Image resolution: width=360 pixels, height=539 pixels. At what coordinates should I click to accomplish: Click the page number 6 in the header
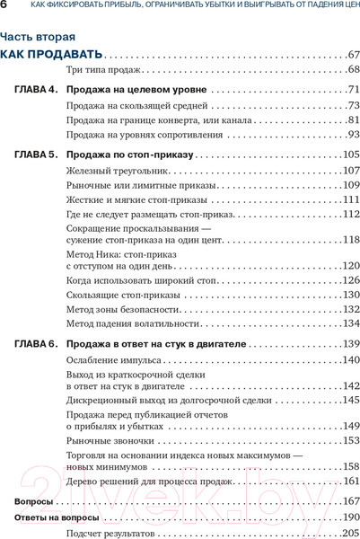(5, 6)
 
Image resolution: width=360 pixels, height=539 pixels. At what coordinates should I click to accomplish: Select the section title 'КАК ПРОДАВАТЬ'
(51, 55)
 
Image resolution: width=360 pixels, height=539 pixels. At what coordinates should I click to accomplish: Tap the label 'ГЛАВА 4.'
(37, 90)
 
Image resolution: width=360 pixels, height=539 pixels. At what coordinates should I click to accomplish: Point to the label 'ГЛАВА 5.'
(37, 155)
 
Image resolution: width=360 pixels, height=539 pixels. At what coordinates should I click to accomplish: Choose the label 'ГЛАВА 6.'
(37, 344)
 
